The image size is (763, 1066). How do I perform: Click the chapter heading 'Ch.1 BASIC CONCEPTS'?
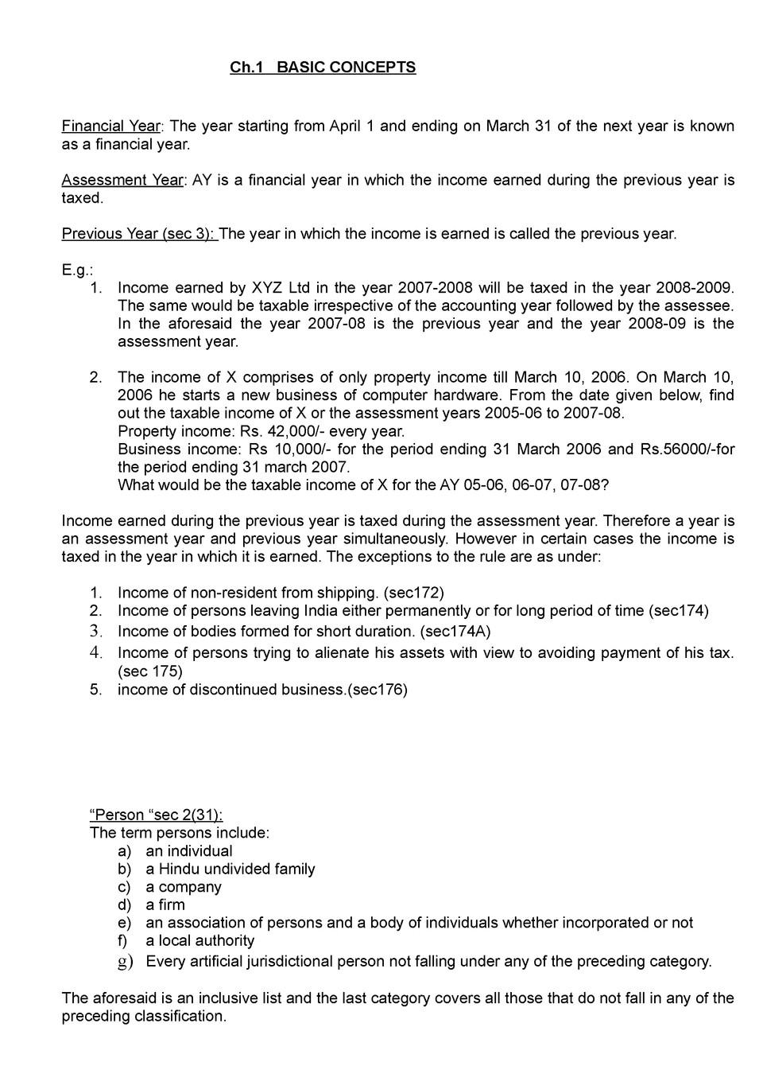coord(323,68)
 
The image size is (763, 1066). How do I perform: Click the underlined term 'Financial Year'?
coord(111,126)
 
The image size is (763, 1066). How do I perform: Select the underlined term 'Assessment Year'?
coord(122,180)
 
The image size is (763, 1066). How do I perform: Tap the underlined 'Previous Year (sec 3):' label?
coord(139,234)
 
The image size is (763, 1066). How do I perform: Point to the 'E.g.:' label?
coord(77,270)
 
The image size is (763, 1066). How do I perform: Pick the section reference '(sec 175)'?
coord(150,671)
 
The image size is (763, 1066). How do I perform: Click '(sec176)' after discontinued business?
coord(378,690)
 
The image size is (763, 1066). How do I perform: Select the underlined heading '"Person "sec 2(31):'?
coord(157,815)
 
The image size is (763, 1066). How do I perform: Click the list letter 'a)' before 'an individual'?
coord(125,851)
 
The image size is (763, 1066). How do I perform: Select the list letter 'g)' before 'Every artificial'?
coord(125,962)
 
